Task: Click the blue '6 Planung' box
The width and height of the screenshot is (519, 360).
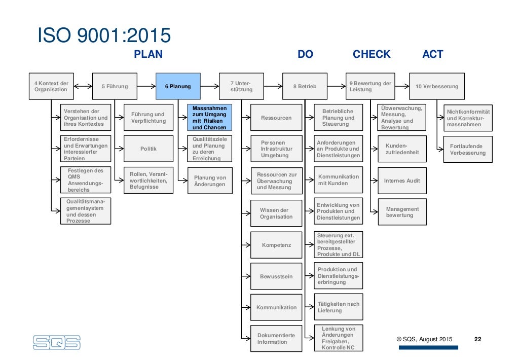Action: coord(178,86)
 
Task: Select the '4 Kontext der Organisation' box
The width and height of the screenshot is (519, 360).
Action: coord(51,86)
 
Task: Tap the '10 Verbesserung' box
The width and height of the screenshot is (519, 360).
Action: coord(436,86)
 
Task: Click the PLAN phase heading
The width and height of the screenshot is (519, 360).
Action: coord(148,54)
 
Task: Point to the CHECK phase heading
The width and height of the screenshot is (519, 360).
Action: coord(372,54)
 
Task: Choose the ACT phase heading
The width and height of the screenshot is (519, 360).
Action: coord(433,54)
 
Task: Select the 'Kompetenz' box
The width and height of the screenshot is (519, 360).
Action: coord(276,245)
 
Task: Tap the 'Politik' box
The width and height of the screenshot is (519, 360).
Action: coord(149,149)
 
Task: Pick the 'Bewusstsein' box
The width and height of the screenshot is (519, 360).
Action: coord(276,277)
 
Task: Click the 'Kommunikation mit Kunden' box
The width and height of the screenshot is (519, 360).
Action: coord(338,180)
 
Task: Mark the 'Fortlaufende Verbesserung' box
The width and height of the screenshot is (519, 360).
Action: coord(467,150)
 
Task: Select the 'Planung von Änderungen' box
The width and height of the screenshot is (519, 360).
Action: coord(210,181)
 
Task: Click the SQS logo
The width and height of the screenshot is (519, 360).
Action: coord(57,342)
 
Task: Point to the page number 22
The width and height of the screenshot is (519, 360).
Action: coord(477,339)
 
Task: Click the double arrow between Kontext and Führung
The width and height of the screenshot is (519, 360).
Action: coord(83,86)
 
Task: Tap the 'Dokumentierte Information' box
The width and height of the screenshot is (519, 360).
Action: coord(276,339)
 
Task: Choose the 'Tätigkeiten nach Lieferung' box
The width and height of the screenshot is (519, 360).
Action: coord(338,307)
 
